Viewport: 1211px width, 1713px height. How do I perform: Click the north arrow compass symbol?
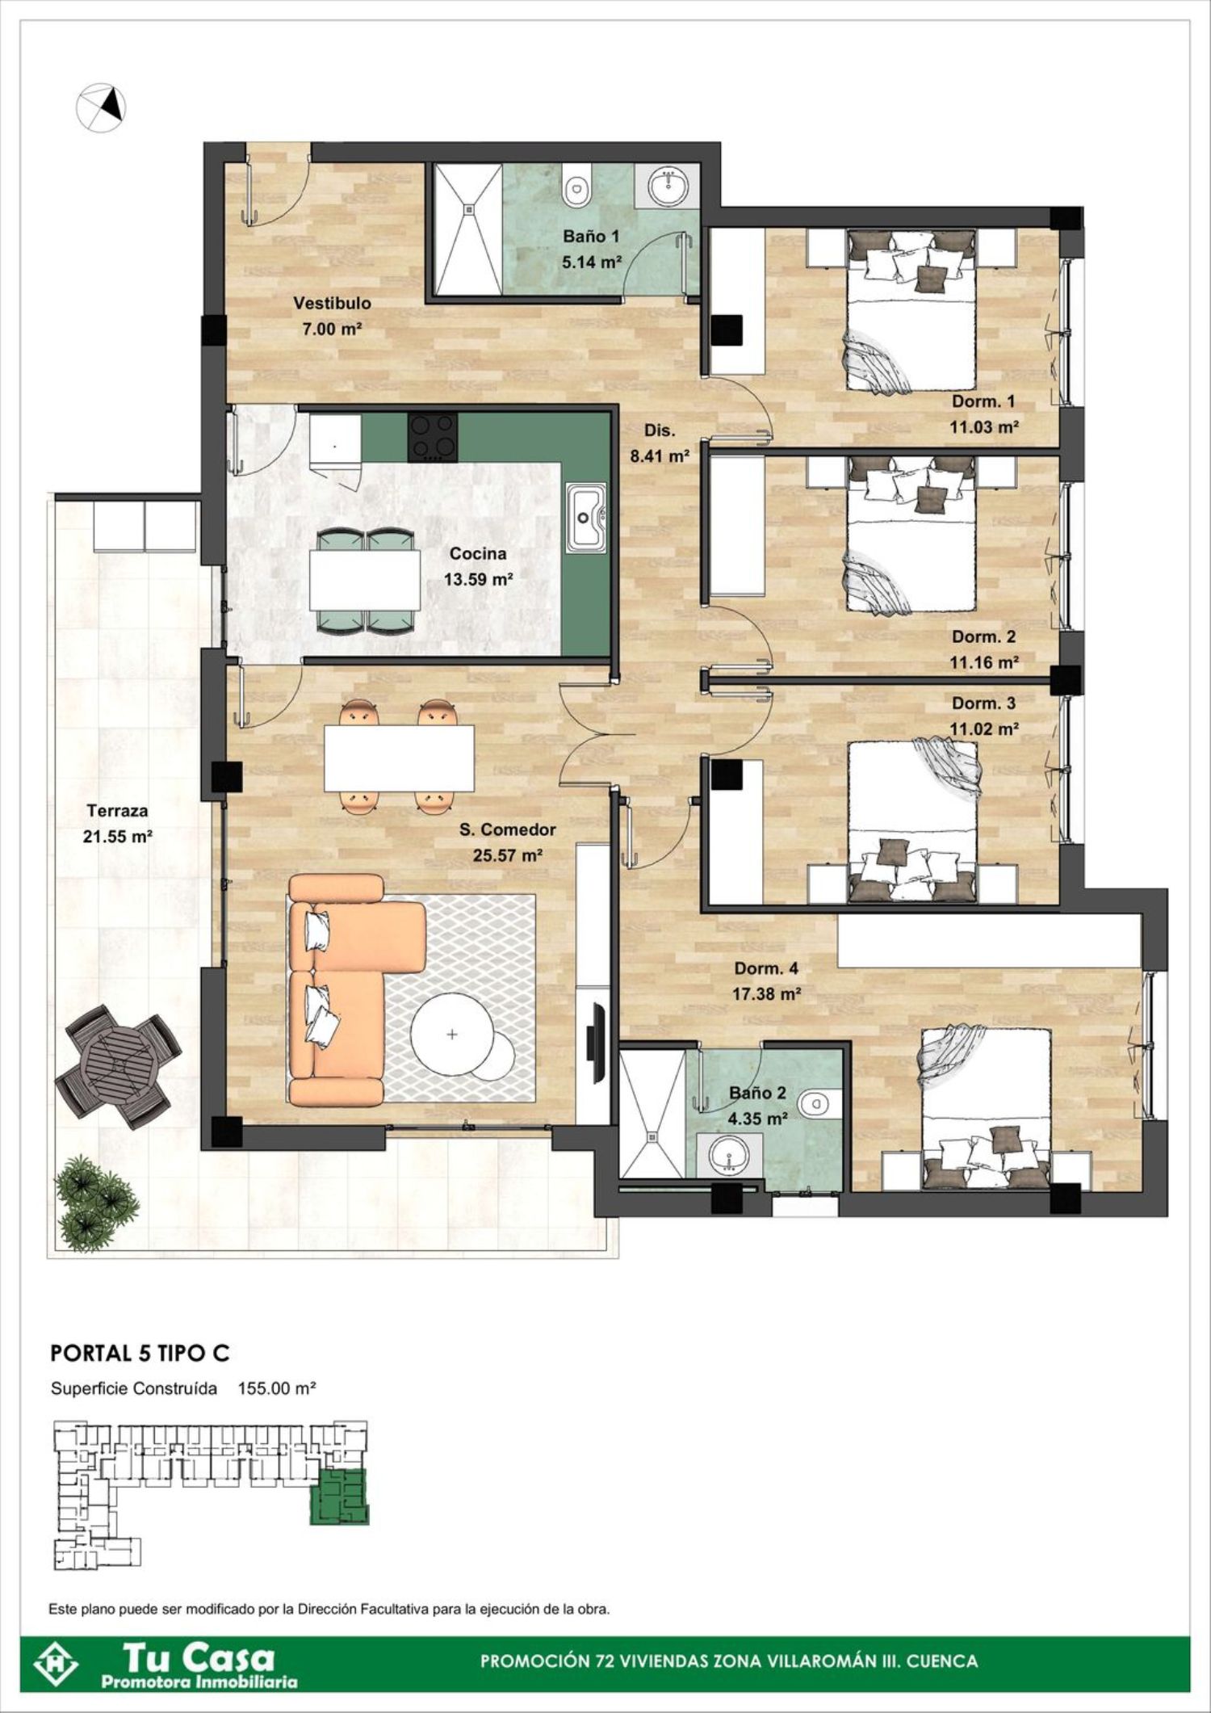coord(102,105)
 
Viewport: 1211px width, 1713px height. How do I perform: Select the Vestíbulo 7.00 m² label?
coord(332,316)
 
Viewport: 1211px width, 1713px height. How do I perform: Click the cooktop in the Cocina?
coord(434,437)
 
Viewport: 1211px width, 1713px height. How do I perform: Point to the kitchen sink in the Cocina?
coord(586,518)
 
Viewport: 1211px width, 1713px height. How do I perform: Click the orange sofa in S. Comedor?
coord(352,989)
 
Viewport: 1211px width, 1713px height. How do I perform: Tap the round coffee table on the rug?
coord(452,1034)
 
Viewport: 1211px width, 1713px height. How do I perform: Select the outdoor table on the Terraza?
coord(119,1065)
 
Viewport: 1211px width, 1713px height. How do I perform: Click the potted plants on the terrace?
coord(96,1202)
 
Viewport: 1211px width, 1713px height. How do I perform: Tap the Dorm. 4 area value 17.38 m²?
coord(766,994)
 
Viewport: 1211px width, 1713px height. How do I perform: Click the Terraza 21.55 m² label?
coord(118,824)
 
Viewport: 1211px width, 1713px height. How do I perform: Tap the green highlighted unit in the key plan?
coord(339,1496)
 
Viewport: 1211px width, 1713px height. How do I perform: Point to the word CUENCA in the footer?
coord(942,1661)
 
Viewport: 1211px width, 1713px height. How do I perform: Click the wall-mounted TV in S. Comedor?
coord(598,1042)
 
